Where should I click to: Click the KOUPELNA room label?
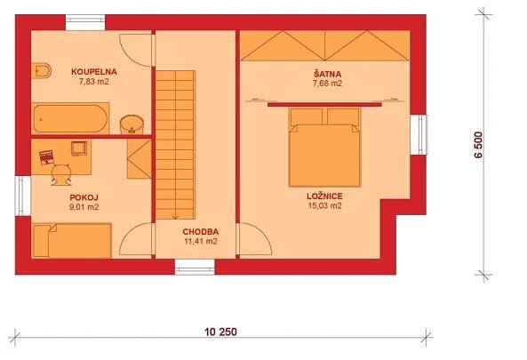click(x=94, y=72)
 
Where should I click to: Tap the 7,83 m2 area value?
click(x=94, y=82)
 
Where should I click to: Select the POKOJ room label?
click(x=84, y=197)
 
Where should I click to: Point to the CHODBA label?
click(x=201, y=232)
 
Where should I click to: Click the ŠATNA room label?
click(x=327, y=74)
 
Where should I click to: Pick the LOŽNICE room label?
click(x=324, y=196)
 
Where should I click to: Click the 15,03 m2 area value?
click(x=324, y=205)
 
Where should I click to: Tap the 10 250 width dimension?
click(x=220, y=332)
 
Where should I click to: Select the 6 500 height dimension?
click(x=478, y=145)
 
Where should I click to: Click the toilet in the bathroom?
click(x=42, y=70)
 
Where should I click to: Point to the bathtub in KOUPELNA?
click(x=70, y=118)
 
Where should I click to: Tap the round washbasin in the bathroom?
click(x=132, y=124)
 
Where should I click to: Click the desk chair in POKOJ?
click(x=61, y=174)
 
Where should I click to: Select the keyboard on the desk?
click(x=46, y=157)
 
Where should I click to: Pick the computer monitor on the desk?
click(x=79, y=148)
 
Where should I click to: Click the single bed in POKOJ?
click(x=72, y=241)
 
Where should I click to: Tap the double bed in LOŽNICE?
click(x=324, y=148)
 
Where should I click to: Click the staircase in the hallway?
click(x=175, y=145)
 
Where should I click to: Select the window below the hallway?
click(x=195, y=267)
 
